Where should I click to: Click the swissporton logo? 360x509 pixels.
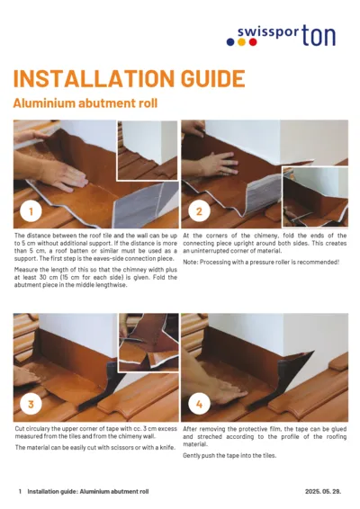pyautogui.click(x=285, y=35)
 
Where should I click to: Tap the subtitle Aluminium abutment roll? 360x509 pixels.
pyautogui.click(x=85, y=103)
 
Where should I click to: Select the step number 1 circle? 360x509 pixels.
pyautogui.click(x=31, y=212)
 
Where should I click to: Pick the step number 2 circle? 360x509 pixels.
pyautogui.click(x=200, y=212)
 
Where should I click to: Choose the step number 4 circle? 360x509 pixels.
pyautogui.click(x=200, y=404)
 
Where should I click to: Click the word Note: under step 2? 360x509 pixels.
pyautogui.click(x=190, y=262)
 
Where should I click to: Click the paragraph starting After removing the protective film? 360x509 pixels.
pyautogui.click(x=265, y=437)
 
